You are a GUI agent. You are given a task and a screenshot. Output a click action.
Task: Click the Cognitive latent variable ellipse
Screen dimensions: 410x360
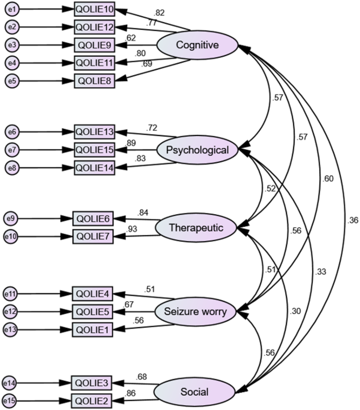click(x=198, y=45)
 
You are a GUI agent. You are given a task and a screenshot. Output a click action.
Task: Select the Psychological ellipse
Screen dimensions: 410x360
click(x=197, y=151)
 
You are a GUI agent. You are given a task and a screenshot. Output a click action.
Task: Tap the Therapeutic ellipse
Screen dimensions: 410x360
click(x=197, y=228)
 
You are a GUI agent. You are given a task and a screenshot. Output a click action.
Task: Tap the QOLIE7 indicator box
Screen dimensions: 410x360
click(x=92, y=237)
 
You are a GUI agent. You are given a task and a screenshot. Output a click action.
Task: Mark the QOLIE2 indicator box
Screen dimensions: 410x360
click(x=92, y=401)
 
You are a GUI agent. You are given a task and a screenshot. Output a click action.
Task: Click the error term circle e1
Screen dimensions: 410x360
click(x=12, y=10)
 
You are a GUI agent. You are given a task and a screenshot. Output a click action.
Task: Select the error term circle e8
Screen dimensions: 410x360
click(x=12, y=167)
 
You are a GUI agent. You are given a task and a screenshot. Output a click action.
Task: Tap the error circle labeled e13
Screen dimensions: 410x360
click(x=11, y=331)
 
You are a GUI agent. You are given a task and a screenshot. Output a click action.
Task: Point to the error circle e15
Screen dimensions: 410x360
click(x=11, y=401)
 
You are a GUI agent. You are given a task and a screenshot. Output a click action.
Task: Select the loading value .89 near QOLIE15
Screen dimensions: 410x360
click(x=132, y=143)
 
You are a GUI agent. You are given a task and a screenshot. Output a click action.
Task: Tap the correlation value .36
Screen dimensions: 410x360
click(x=353, y=220)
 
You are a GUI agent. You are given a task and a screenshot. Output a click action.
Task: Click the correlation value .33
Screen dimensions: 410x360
click(x=320, y=272)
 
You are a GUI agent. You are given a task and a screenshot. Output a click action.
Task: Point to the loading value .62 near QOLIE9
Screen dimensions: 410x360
click(x=131, y=38)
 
